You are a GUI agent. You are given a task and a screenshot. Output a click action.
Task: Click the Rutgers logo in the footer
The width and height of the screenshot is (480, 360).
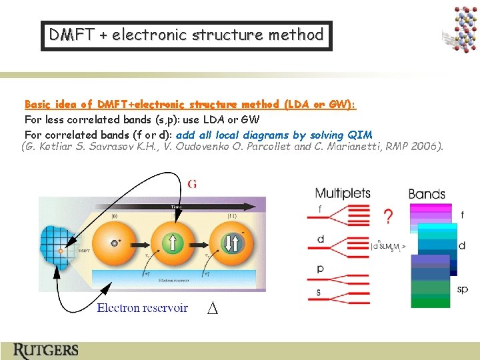tap(45, 350)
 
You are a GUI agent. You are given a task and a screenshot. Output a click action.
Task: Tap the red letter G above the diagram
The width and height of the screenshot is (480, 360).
tap(192, 184)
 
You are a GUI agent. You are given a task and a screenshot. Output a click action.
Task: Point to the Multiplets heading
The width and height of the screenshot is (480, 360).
tap(343, 193)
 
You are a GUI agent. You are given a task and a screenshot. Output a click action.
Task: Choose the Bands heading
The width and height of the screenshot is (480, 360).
tap(427, 194)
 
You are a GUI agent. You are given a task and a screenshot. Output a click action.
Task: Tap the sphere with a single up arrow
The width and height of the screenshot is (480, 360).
tap(171, 243)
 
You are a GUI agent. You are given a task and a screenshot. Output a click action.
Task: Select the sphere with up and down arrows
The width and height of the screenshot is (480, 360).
tap(231, 243)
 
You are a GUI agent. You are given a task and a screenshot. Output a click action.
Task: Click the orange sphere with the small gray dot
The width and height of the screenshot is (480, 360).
tap(116, 243)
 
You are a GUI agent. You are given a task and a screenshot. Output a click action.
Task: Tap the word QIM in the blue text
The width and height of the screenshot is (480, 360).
tap(360, 135)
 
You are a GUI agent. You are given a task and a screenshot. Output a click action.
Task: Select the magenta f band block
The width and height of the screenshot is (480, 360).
tap(431, 214)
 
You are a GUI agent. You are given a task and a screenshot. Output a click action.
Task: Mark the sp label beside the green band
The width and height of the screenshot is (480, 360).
tap(463, 289)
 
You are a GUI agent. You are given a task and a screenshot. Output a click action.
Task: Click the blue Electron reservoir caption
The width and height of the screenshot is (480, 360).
tap(142, 308)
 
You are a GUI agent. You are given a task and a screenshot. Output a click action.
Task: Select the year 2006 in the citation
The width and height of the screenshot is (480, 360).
tap(427, 147)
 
